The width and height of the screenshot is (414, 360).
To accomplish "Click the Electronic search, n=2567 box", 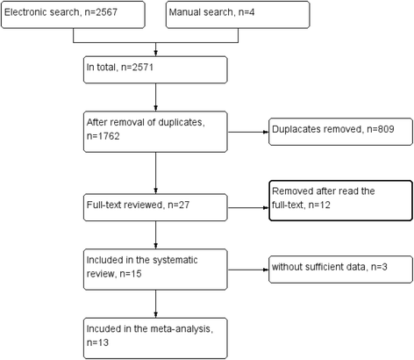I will (x=75, y=15).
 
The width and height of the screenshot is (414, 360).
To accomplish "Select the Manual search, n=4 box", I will (x=237, y=15).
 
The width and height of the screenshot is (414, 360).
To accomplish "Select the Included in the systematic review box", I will (x=156, y=266).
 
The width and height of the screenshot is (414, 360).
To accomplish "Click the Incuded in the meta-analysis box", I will (x=156, y=333).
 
